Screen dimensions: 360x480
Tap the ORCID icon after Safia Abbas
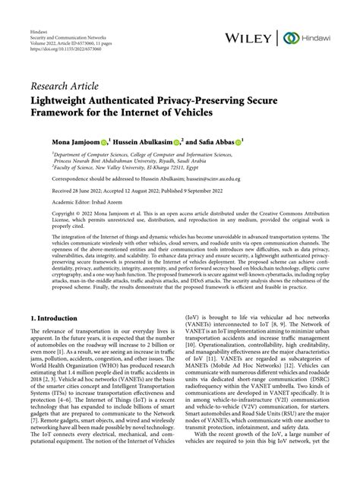pos(258,142)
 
